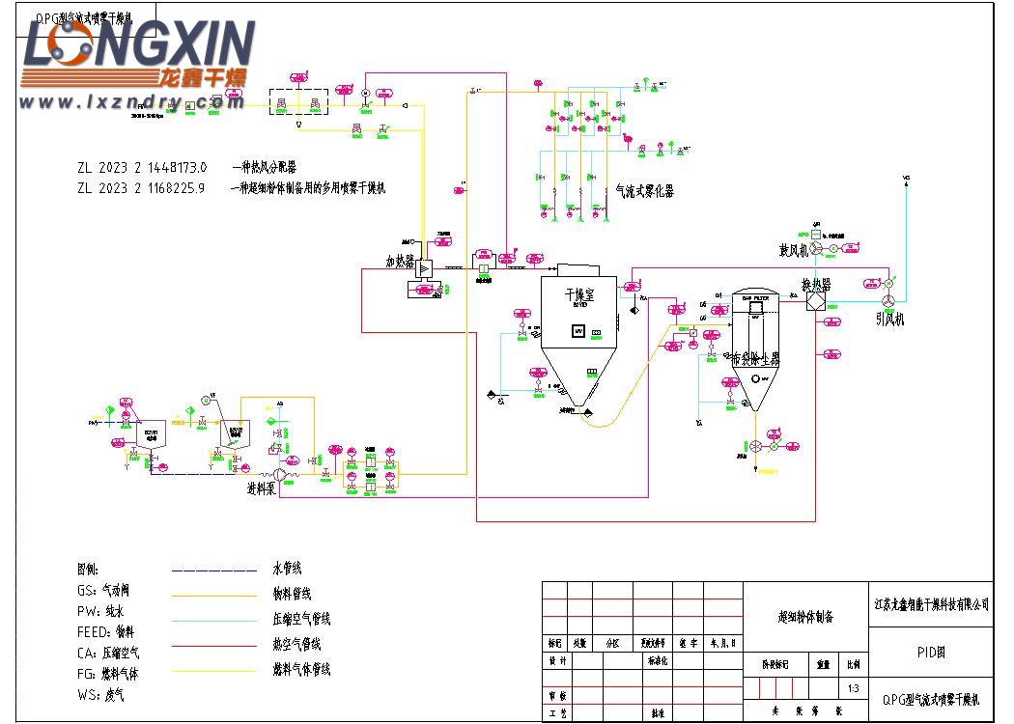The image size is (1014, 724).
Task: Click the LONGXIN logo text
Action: coord(139,46)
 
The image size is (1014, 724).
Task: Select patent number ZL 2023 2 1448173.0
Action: coord(142,167)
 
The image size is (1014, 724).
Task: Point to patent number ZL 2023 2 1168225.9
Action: coord(142,188)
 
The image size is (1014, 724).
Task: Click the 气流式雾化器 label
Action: coord(644,191)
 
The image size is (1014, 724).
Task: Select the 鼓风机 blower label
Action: coord(792,251)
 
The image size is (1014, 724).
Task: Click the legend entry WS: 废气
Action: coord(100,694)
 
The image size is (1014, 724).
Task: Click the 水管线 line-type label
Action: coord(289,570)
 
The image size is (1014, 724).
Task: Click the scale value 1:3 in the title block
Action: coord(853,688)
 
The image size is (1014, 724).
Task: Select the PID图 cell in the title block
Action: coord(930,653)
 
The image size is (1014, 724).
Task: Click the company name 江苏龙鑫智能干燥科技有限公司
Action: coord(931,604)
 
